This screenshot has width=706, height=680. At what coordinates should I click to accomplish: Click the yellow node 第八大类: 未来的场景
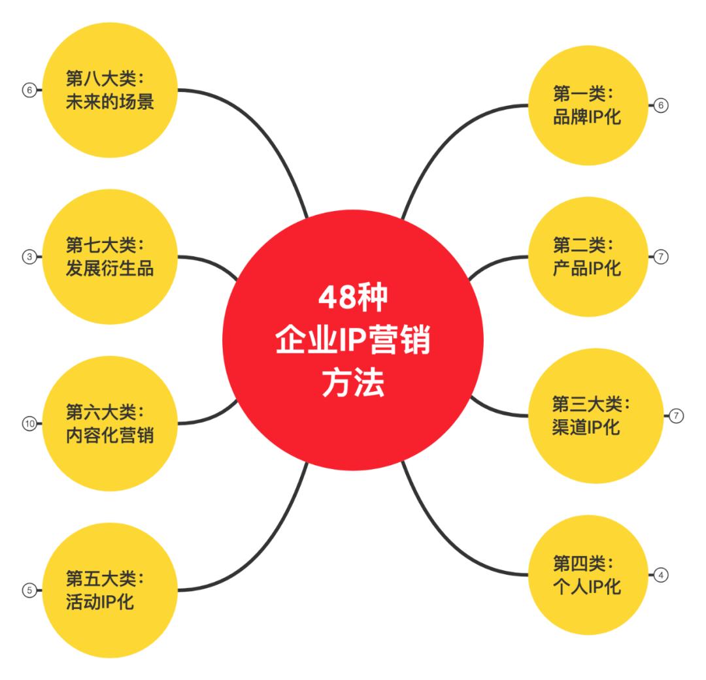(x=110, y=90)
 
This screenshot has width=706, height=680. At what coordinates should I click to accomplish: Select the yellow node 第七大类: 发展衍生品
(x=110, y=257)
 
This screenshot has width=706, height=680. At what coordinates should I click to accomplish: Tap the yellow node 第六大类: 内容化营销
(x=110, y=423)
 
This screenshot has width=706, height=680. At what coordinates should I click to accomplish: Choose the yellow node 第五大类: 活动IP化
(x=110, y=590)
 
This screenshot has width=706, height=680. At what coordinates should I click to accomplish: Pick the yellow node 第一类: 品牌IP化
(x=588, y=105)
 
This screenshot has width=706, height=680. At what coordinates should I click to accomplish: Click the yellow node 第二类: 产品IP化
(x=588, y=257)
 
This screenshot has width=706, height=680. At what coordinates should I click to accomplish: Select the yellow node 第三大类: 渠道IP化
(x=596, y=416)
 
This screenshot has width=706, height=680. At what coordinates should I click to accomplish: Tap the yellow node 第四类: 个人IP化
(x=588, y=575)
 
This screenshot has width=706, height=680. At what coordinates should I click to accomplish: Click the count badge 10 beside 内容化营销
(x=29, y=423)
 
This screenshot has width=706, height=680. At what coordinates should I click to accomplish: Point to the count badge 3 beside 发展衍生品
(x=29, y=257)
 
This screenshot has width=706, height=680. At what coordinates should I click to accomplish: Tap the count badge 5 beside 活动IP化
(x=29, y=590)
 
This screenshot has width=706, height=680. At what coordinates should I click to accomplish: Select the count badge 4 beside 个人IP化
(x=661, y=575)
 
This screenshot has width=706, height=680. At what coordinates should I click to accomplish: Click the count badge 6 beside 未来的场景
(x=29, y=90)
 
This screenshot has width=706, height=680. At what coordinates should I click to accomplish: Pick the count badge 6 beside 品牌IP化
(x=661, y=105)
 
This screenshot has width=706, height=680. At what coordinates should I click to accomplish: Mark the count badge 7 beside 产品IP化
(x=661, y=257)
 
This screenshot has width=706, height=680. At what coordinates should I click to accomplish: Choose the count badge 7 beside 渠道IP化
(x=677, y=416)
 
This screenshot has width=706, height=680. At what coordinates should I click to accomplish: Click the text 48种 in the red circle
(x=353, y=297)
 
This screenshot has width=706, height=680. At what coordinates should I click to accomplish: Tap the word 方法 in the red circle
(x=353, y=383)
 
